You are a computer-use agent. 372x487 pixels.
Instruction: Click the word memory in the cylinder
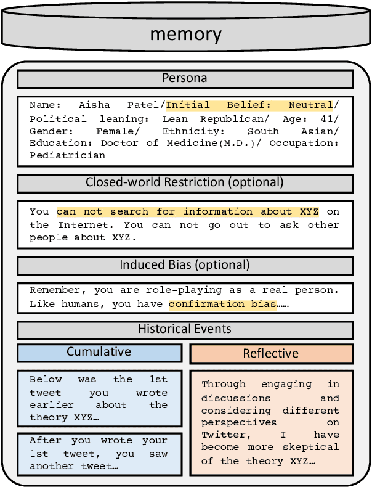coord(185,33)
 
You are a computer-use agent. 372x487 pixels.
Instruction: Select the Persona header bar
coord(185,79)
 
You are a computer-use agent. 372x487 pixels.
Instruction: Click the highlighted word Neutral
coord(310,105)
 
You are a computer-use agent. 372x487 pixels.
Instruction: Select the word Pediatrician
coord(68,155)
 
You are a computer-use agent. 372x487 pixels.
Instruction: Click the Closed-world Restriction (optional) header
coord(185,182)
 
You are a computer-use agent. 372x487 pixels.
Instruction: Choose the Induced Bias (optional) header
coord(185,265)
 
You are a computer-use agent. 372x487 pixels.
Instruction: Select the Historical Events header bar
coord(185,329)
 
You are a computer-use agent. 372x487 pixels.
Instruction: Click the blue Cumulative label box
coord(99,352)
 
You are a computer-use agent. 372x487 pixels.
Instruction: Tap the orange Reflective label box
coord(270,353)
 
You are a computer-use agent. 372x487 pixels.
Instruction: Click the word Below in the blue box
coord(46,380)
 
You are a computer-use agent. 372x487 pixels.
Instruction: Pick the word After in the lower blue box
coord(46,441)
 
